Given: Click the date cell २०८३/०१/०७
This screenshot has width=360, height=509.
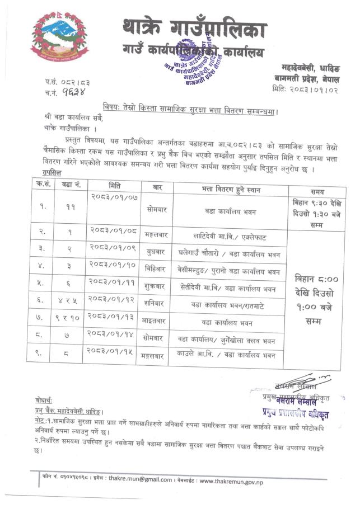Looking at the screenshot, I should click(114, 197).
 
